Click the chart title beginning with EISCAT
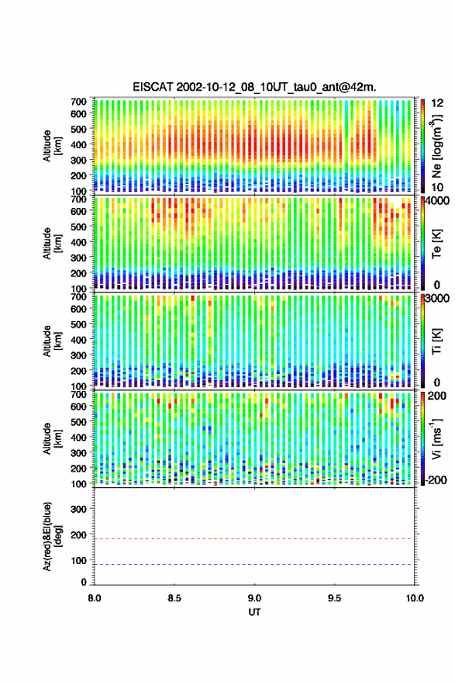(255, 87)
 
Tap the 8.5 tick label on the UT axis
(174, 598)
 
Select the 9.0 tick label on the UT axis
(254, 598)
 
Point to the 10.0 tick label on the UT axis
(415, 598)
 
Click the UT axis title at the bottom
(254, 612)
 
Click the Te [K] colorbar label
(436, 245)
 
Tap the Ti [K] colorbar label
(436, 341)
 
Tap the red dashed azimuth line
(254, 538)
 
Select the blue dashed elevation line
(254, 565)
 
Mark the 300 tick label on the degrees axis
(78, 509)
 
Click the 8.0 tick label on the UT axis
(95, 598)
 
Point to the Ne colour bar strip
(423, 146)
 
